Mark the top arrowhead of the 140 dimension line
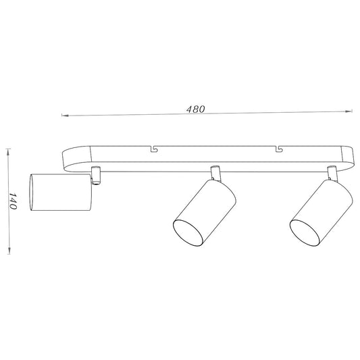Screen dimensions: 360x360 pyautogui.click(x=7, y=150)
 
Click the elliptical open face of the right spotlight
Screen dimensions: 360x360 pyautogui.click(x=305, y=233)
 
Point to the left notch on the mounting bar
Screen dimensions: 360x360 pyautogui.click(x=155, y=147)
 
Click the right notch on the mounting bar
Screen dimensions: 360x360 pyautogui.click(x=278, y=147)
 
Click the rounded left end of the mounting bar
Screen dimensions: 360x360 pyautogui.click(x=70, y=160)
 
